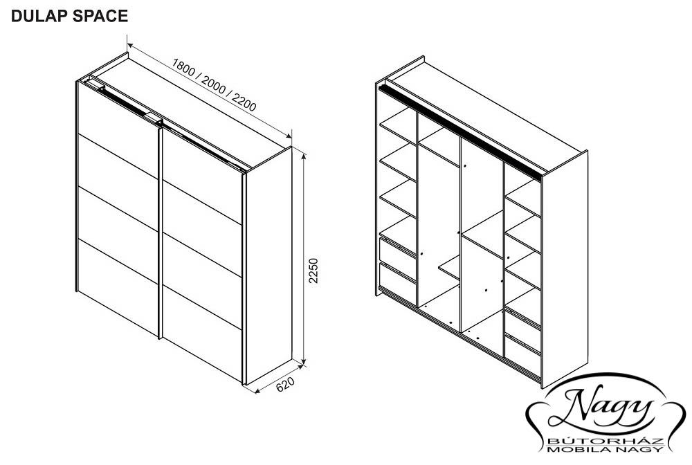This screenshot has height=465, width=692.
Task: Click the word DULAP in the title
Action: [39, 16]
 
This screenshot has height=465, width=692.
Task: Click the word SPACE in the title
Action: [100, 16]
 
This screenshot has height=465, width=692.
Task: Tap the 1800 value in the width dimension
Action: [183, 68]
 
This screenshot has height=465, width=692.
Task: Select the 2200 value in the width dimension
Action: [244, 102]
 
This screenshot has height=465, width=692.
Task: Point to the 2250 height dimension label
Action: [313, 271]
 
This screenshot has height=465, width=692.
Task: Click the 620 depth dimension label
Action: [285, 384]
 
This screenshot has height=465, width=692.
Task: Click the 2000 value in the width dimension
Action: [214, 85]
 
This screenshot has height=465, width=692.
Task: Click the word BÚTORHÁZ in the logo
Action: [605, 441]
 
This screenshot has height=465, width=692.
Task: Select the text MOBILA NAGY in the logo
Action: [605, 449]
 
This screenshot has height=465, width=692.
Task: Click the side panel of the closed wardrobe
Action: [268, 266]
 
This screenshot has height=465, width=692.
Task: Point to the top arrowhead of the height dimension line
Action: [303, 154]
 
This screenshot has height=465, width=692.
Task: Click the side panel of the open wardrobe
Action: [565, 269]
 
